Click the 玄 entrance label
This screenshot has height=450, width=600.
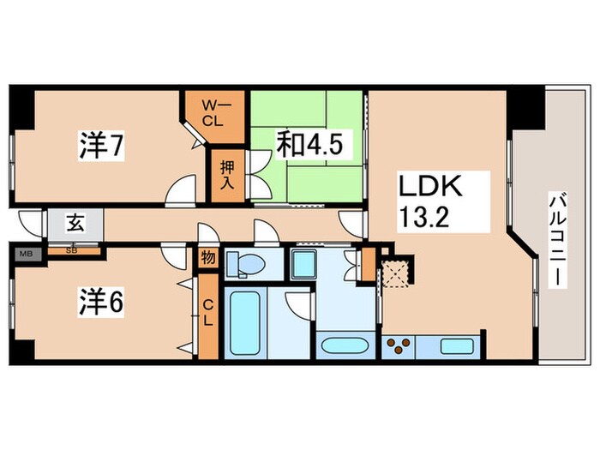click(x=75, y=225)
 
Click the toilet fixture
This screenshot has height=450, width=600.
click(x=245, y=265)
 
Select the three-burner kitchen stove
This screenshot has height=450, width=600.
click(x=399, y=346)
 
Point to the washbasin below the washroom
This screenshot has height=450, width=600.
click(x=345, y=347)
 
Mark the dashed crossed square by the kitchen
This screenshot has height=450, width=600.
click(x=397, y=273)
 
